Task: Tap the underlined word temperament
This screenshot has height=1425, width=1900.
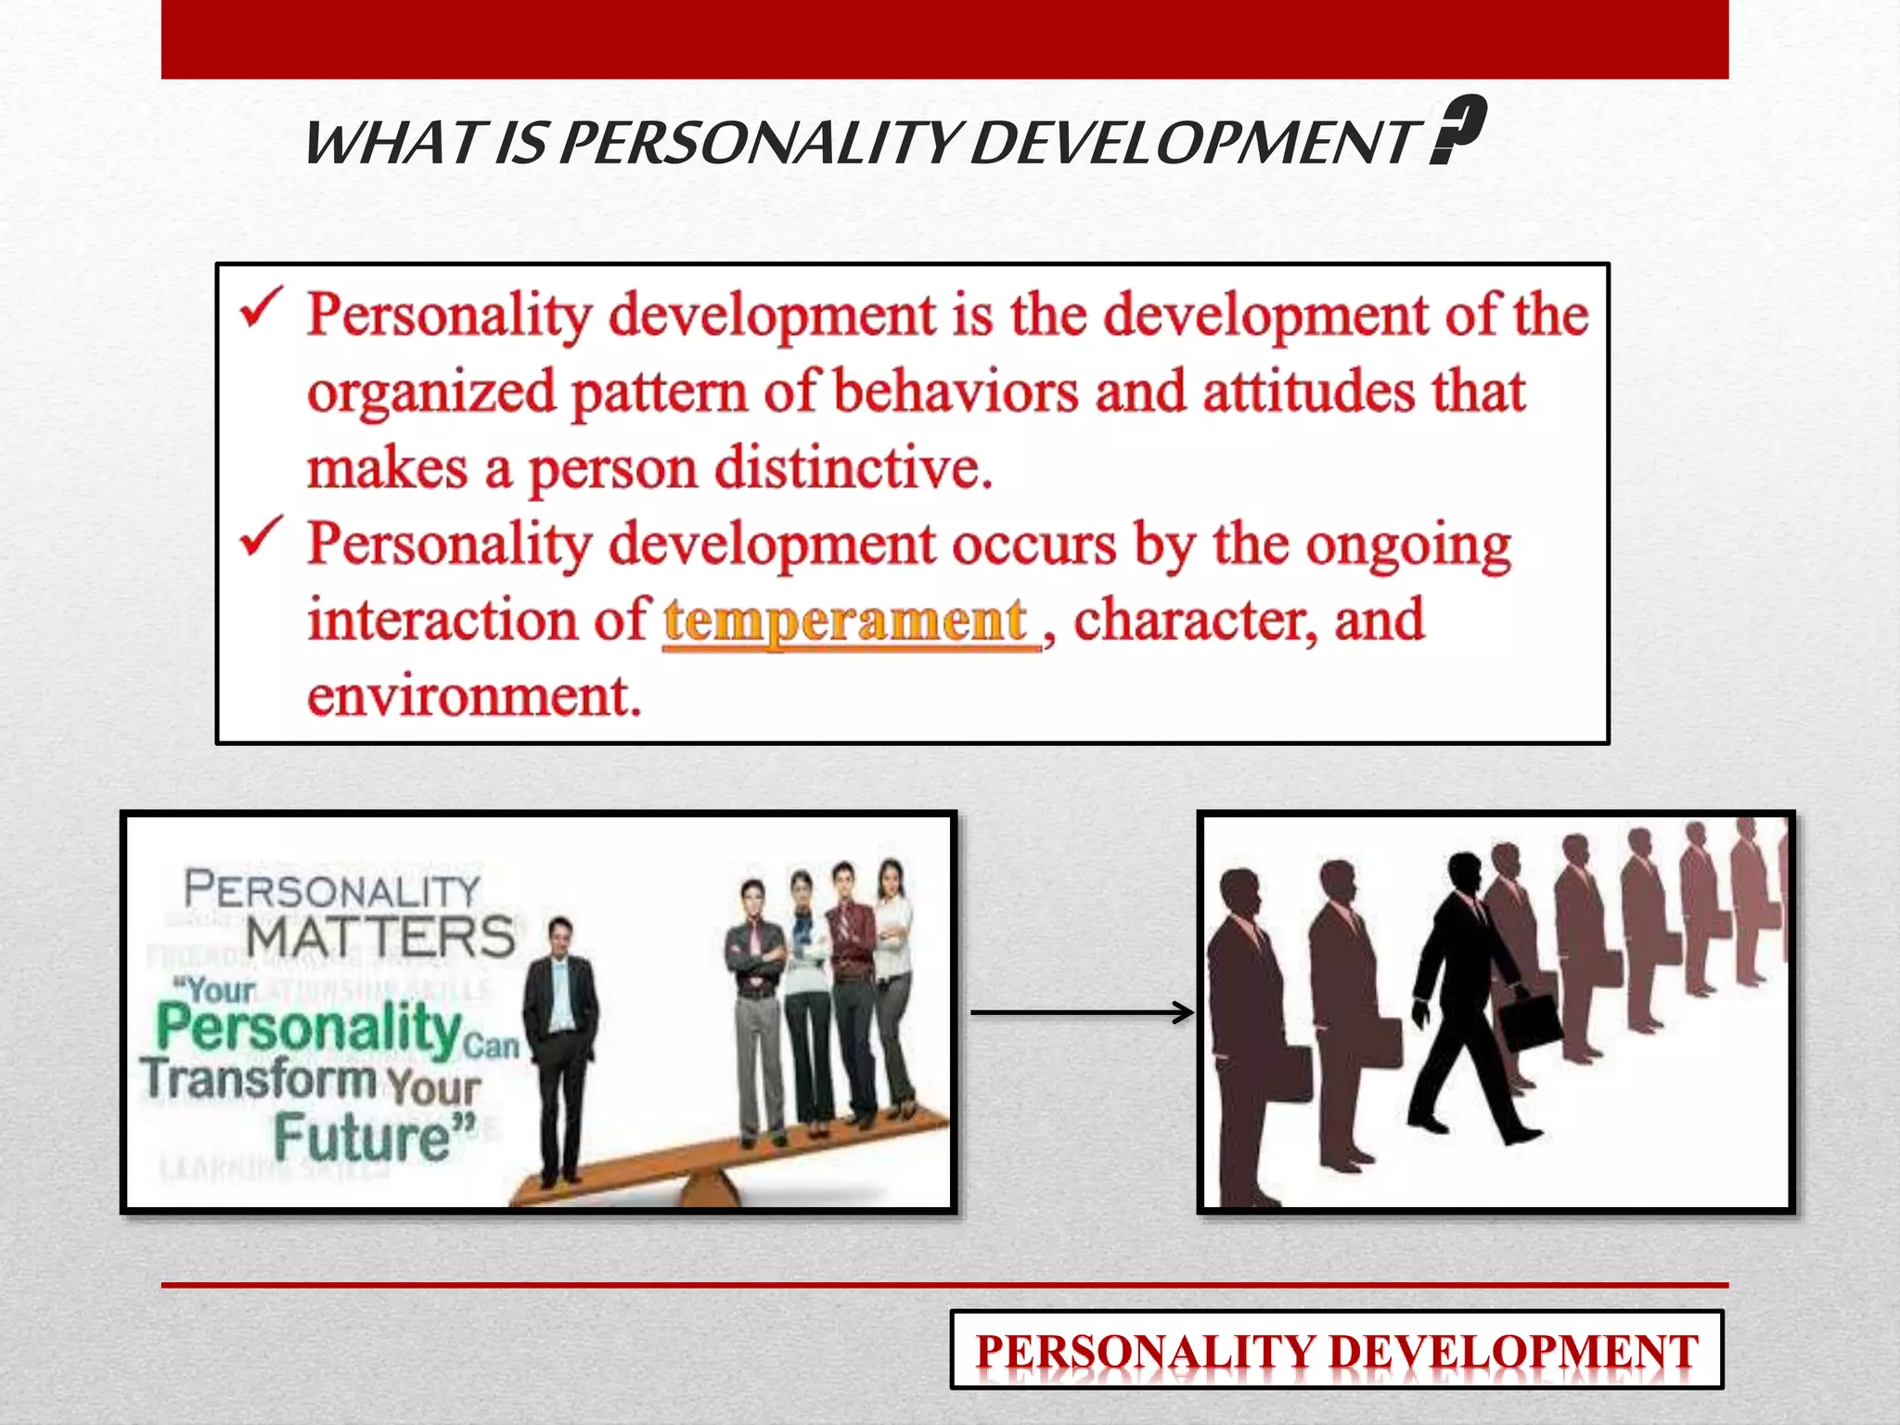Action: pos(846,621)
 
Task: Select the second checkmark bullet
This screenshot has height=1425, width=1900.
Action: pos(261,537)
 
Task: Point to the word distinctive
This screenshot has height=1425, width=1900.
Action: pos(853,468)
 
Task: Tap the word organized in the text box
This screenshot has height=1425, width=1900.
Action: pos(431,392)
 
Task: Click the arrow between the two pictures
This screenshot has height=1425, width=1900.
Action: pos(1081,1012)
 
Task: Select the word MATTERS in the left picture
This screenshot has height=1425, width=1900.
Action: pos(380,936)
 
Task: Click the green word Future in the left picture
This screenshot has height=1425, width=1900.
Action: pos(362,1137)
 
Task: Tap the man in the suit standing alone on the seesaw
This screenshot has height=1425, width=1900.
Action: pos(559,1048)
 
